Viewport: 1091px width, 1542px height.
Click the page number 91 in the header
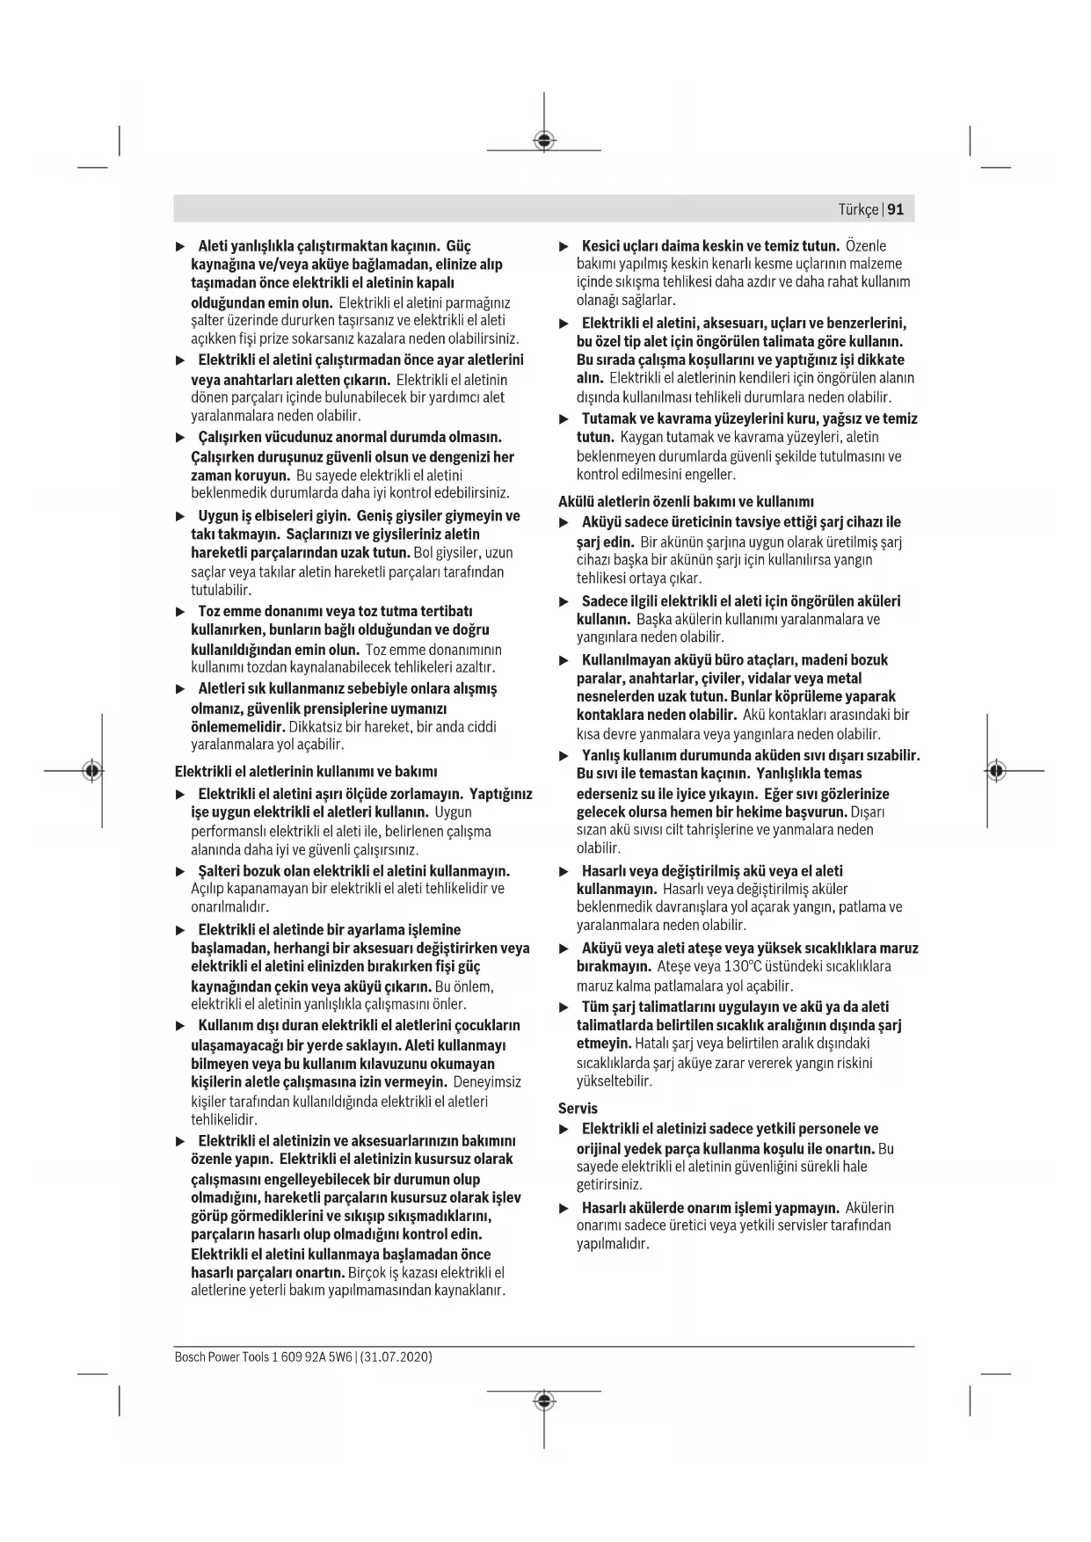pyautogui.click(x=896, y=209)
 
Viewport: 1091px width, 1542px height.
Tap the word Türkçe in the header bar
pyautogui.click(x=857, y=209)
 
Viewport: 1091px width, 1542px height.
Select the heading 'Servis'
pyautogui.click(x=578, y=1109)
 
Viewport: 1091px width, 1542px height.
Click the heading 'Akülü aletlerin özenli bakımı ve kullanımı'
pyautogui.click(x=686, y=502)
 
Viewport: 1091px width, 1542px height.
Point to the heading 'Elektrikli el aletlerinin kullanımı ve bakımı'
pyautogui.click(x=306, y=772)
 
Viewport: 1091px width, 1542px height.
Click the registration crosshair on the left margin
pyautogui.click(x=91, y=771)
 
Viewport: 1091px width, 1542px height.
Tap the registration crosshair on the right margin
pyautogui.click(x=996, y=771)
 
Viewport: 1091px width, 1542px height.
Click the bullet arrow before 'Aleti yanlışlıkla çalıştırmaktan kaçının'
pyautogui.click(x=180, y=246)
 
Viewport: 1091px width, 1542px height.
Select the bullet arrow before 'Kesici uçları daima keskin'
pyautogui.click(x=564, y=246)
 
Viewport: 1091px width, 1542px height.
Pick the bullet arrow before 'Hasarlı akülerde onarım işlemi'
pyautogui.click(x=564, y=1208)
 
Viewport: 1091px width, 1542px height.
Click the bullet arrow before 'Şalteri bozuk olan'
pyautogui.click(x=180, y=871)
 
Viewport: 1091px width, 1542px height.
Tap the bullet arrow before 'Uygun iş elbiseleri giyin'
pyautogui.click(x=180, y=516)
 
